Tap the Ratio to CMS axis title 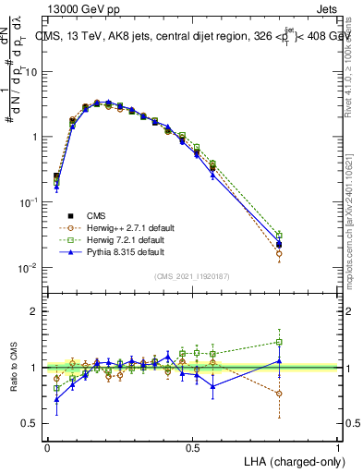12,368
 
